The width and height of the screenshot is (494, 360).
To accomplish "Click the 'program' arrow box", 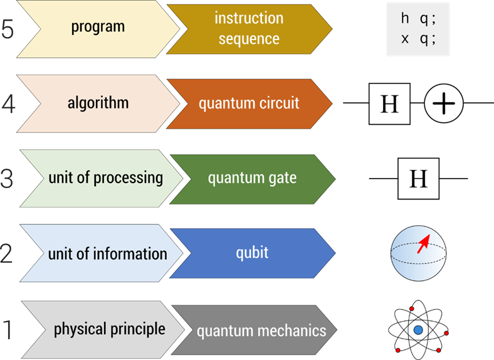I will [x=97, y=28].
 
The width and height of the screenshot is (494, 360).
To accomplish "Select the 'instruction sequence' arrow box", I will [x=249, y=28].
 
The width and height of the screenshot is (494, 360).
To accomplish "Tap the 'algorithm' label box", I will [x=98, y=103].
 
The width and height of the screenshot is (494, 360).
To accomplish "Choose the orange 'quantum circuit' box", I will [x=249, y=103].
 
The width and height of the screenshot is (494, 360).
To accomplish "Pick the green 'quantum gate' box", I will [x=252, y=179].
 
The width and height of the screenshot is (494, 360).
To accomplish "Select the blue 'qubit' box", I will [x=252, y=253].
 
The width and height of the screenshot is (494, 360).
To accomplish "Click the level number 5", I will [x=8, y=29].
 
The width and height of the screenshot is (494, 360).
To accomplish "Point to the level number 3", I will [x=7, y=179].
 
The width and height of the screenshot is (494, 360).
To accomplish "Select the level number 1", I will [x=7, y=330].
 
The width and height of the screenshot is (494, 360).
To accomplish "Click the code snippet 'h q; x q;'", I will [x=418, y=28].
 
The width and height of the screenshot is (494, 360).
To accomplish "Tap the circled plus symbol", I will [x=444, y=103].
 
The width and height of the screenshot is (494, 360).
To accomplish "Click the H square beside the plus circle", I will [x=389, y=103].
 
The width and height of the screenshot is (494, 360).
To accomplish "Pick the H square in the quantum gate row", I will [x=418, y=179].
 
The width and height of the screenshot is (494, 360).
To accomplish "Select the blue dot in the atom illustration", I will [x=418, y=329].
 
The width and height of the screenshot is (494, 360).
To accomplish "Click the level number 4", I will [x=8, y=104].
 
